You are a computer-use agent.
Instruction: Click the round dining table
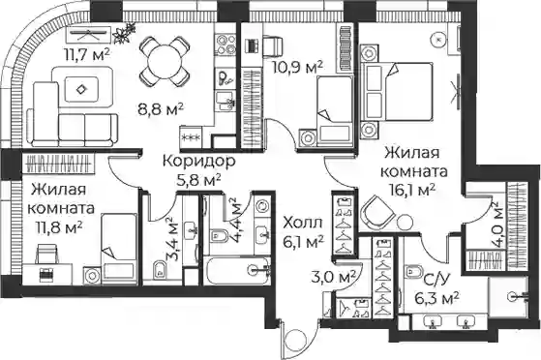tap(165, 62)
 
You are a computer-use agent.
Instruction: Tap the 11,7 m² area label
tap(87, 53)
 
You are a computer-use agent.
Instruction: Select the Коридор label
tap(198, 162)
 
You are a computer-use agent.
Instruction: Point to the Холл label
tap(303, 223)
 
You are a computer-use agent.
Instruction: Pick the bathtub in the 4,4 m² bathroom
tap(237, 270)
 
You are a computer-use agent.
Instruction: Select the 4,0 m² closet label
tap(497, 225)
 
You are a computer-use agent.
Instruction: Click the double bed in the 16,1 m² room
tap(397, 91)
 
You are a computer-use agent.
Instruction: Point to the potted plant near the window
tap(124, 33)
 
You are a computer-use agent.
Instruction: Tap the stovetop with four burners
tap(226, 45)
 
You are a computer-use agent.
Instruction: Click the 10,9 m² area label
tap(297, 68)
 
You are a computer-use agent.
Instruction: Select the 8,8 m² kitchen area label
tap(160, 109)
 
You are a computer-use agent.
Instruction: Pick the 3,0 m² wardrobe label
tap(333, 277)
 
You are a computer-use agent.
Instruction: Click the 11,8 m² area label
tap(59, 226)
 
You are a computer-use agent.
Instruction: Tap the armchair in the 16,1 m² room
tap(376, 212)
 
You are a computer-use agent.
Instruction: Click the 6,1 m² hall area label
tap(303, 241)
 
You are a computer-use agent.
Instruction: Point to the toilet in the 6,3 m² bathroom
tap(413, 270)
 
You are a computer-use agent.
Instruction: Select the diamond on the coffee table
tap(81, 89)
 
